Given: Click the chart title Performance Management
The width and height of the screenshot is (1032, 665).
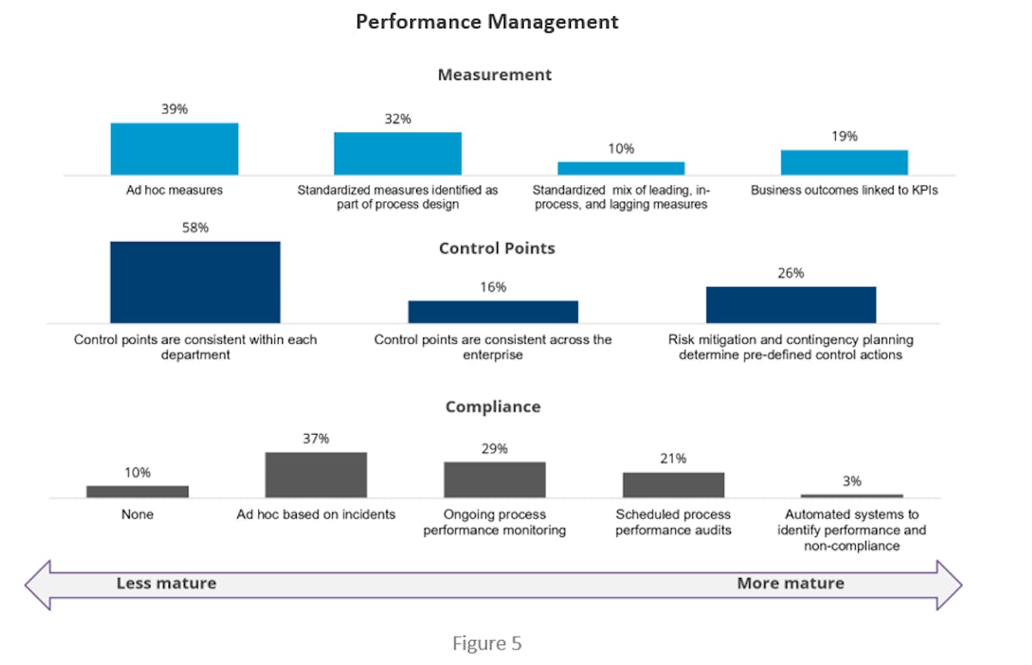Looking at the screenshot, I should coord(487,22).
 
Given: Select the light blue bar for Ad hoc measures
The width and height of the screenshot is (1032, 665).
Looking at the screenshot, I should coord(175,149).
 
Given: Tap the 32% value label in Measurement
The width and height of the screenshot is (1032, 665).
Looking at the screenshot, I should coord(397,119).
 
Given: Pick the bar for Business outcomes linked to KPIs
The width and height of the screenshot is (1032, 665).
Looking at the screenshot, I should coord(844,162).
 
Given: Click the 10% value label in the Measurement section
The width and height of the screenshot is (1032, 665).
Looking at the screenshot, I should coord(620,149).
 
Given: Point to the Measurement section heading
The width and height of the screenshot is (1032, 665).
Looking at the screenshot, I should coord(494,75).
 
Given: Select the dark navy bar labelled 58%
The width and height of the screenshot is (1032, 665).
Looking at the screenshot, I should coord(195,282).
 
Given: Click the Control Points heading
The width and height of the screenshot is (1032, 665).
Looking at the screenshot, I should coord(497,248).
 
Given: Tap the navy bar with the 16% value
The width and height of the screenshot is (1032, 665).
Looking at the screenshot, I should coord(493,311).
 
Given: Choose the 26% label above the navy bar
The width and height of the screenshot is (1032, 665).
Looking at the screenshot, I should coord(790,273).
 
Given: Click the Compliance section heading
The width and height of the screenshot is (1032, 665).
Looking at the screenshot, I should coord(493,406).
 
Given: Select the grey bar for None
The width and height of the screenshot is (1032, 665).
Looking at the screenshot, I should coord(138,491).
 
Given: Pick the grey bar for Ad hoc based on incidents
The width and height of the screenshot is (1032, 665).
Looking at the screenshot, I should coord(316,474).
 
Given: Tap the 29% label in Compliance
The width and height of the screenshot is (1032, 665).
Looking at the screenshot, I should coord(494,448).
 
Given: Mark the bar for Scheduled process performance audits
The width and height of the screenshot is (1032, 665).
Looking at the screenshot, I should coord(673,485).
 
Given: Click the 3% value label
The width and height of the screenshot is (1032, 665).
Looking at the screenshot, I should coord(851,481).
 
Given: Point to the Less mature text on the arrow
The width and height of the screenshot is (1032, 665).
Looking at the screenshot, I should coord(166,583).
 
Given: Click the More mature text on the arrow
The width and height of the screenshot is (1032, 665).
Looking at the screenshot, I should coord(790,583).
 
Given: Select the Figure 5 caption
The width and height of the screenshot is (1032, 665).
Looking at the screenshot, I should coord(487,643).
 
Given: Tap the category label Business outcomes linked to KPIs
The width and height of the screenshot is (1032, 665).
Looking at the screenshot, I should coord(844,190).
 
